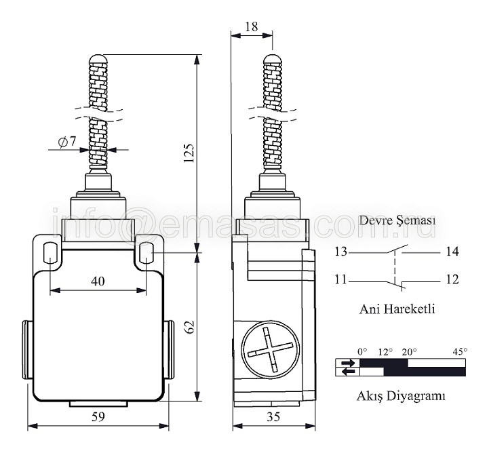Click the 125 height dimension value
click(x=189, y=153)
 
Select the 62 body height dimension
click(x=190, y=327)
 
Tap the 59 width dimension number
click(x=98, y=416)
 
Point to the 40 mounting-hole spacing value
click(x=98, y=281)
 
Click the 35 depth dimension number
click(x=273, y=416)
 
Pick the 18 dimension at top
click(x=252, y=27)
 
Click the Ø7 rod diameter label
click(x=67, y=142)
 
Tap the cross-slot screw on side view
click(x=271, y=349)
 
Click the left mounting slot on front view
click(x=50, y=252)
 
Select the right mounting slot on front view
click(x=146, y=252)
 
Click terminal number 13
click(x=341, y=252)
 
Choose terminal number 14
click(x=452, y=252)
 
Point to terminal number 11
click(x=341, y=279)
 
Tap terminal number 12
click(x=452, y=279)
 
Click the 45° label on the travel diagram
click(x=460, y=352)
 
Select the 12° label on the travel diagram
click(x=385, y=353)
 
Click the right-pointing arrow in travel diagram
click(x=348, y=363)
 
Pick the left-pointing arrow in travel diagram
click(x=348, y=372)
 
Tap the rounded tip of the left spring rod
click(x=98, y=58)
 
